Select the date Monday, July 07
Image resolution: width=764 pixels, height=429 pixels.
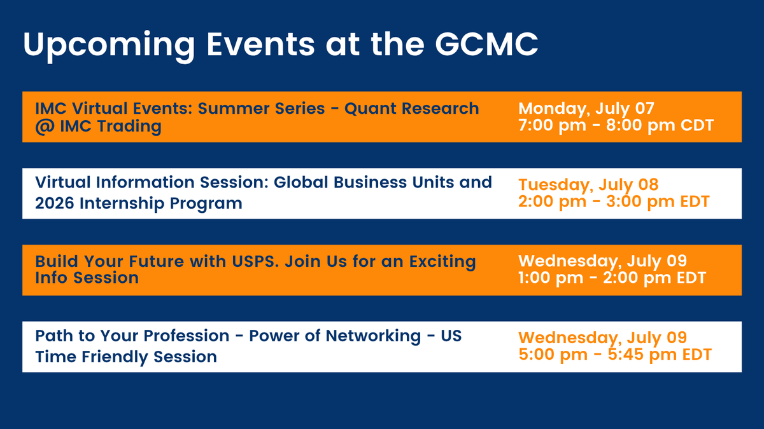coord(586,108)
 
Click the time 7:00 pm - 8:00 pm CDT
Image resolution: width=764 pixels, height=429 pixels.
coord(616,125)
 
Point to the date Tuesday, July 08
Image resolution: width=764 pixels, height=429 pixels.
coord(588,185)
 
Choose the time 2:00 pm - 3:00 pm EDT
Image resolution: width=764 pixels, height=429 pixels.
coord(614,201)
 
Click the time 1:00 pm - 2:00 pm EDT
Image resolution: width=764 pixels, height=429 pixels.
coord(612,278)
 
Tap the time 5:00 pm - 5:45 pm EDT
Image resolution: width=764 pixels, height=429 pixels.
coord(614,355)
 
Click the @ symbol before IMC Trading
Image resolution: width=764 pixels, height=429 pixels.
coord(45,126)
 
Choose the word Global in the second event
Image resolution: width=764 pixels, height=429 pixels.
coord(297,182)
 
